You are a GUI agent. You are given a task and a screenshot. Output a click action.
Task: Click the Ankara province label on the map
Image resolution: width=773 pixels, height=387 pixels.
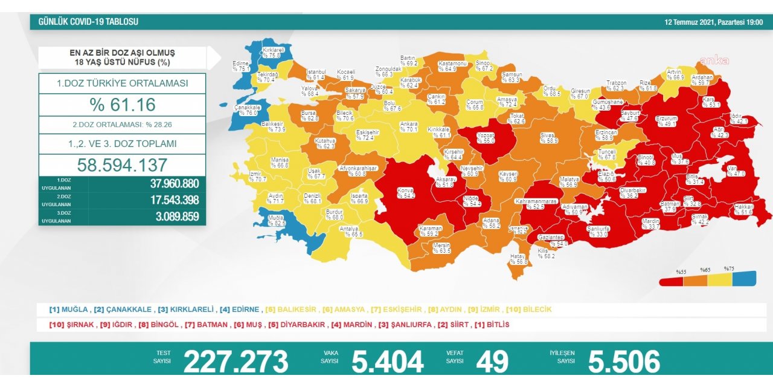[409, 126]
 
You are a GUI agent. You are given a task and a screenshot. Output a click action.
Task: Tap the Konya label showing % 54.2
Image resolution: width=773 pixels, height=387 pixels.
[405, 193]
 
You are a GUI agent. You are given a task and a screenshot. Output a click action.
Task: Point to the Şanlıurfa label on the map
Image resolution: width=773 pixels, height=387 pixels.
[597, 232]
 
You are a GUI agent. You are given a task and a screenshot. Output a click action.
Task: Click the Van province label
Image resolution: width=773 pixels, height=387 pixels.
[736, 171]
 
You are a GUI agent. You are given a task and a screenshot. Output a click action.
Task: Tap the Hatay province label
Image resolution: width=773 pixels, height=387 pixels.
[518, 259]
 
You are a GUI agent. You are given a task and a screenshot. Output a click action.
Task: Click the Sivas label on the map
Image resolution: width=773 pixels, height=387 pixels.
[548, 138]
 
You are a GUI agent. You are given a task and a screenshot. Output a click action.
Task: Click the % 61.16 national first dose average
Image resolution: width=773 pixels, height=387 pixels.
[122, 105]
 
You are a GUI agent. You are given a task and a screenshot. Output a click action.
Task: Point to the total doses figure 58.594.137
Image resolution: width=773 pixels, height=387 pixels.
[122, 165]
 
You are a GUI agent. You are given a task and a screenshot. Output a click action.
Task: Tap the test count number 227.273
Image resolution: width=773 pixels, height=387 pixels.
[236, 362]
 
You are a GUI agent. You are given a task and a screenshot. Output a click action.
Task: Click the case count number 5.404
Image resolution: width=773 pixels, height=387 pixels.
[387, 362]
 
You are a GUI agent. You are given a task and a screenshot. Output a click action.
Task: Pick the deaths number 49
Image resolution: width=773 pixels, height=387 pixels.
[492, 362]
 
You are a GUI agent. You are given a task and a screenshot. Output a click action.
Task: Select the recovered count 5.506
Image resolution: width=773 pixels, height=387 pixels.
[624, 362]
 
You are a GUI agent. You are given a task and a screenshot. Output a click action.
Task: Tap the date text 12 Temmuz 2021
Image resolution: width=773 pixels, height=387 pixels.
[688, 22]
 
